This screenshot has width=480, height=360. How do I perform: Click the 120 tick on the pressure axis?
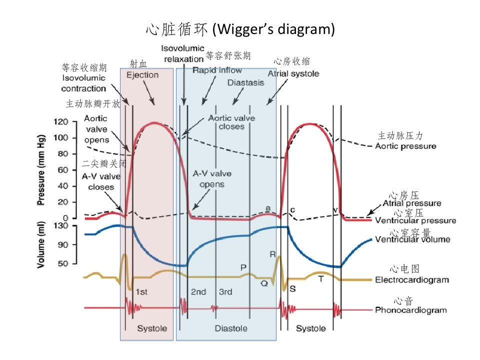[x=60, y=122]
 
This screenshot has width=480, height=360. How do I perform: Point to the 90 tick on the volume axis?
[x=63, y=245]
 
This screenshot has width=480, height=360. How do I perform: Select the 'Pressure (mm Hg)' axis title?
[x=40, y=170]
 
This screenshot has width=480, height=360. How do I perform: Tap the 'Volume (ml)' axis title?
[x=40, y=245]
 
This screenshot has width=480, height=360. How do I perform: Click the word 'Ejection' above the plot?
[x=142, y=75]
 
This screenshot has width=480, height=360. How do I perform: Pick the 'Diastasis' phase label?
[x=246, y=83]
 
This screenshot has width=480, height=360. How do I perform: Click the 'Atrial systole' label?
[x=293, y=74]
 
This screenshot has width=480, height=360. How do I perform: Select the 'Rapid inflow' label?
[x=217, y=70]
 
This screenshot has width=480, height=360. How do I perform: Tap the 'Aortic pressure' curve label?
[x=406, y=146]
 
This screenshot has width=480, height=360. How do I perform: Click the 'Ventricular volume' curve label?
[x=412, y=239]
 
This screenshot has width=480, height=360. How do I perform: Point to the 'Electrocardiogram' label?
[x=412, y=280]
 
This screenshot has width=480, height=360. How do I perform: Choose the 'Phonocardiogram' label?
[x=411, y=310]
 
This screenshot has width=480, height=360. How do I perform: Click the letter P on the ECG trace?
[x=243, y=268]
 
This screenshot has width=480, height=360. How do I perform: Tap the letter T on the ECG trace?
[x=321, y=279]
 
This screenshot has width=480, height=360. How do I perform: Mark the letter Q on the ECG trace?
[x=264, y=284]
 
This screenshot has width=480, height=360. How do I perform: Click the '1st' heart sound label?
[x=141, y=292]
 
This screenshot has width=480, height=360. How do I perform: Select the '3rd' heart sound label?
[x=225, y=292]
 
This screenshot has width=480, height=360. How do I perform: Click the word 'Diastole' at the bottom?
[x=231, y=329]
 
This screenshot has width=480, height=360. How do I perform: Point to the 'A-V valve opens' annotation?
[x=212, y=179]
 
